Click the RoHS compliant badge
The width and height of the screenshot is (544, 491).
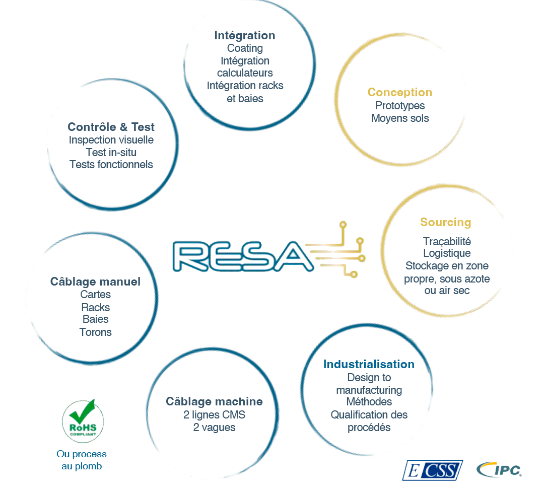(x=83, y=420)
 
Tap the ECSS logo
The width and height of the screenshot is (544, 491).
(x=433, y=470)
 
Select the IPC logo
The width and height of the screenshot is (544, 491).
(x=499, y=469)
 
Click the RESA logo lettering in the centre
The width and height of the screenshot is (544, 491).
(x=243, y=256)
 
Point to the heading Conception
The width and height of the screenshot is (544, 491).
(x=399, y=92)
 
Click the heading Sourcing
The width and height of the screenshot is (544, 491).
(x=445, y=222)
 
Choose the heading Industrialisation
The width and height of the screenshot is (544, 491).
(x=369, y=364)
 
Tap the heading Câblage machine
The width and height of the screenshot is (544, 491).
(x=214, y=401)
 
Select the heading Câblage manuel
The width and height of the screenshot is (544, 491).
(x=95, y=282)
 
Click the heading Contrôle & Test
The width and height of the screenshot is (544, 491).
(x=111, y=127)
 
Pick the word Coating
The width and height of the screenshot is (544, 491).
(x=245, y=48)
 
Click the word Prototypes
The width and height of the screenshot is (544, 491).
(x=400, y=105)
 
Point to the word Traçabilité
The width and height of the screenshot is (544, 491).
(x=447, y=241)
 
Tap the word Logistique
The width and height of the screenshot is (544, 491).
(x=447, y=253)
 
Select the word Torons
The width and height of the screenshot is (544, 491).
(x=95, y=332)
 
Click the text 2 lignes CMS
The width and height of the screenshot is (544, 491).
(x=214, y=415)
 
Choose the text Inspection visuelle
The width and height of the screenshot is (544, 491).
(x=111, y=140)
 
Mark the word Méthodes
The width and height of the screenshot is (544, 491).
(x=369, y=402)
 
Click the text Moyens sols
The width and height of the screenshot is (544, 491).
(x=400, y=118)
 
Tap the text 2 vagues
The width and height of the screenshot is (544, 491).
(x=214, y=428)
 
